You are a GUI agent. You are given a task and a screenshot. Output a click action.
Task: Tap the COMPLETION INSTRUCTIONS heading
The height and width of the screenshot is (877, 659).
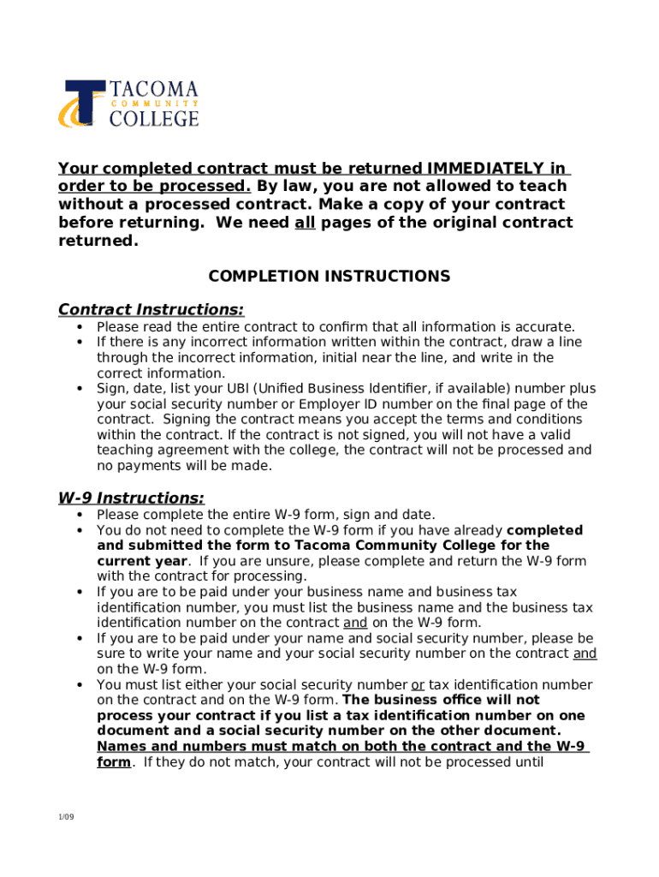click(329, 276)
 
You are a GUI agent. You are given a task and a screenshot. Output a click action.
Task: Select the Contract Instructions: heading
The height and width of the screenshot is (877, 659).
click(151, 309)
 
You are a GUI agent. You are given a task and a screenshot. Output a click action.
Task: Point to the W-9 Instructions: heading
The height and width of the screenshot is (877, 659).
click(131, 498)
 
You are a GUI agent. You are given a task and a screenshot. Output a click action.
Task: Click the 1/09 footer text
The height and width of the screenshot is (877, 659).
click(66, 818)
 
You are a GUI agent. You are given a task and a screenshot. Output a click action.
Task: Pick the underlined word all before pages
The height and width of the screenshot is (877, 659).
click(305, 223)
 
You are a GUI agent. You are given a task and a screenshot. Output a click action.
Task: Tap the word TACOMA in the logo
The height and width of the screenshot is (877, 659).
click(154, 89)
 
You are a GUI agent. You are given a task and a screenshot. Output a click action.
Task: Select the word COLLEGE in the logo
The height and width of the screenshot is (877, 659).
click(154, 117)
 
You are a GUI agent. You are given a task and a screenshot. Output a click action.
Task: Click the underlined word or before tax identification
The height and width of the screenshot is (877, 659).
click(418, 684)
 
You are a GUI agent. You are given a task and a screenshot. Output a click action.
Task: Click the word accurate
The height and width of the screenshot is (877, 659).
click(544, 327)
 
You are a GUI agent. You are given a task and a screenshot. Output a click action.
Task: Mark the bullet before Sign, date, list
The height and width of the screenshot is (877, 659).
click(80, 389)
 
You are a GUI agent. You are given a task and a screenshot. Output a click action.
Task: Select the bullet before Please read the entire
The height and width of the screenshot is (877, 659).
click(80, 327)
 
